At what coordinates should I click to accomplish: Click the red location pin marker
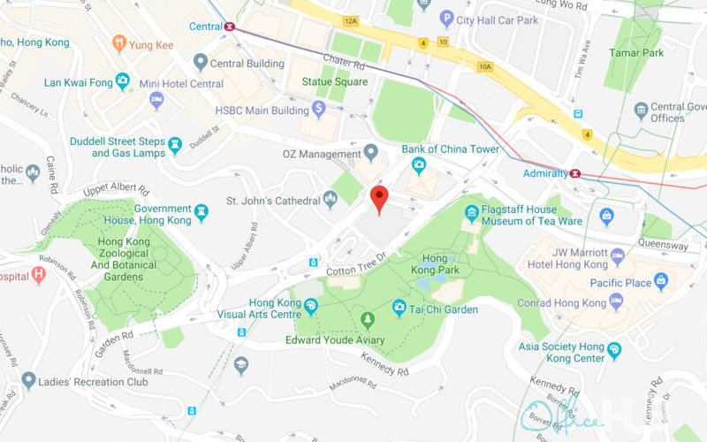coord(379,198)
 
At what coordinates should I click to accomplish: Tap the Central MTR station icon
coord(230,27)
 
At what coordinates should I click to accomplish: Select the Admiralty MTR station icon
coord(575,173)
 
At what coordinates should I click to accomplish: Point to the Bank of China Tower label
coord(450,149)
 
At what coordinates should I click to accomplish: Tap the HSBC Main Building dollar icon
coord(319,108)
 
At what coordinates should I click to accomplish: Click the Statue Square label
coord(334,83)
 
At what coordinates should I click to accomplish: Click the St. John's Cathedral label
coord(274,201)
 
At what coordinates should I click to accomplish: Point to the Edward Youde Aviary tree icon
coord(368,320)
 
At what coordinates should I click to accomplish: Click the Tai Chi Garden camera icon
coord(399,309)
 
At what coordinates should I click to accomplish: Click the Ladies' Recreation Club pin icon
coord(29,381)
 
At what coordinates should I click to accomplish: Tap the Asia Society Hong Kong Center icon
coord(613,351)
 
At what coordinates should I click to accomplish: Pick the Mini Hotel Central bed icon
coord(156,98)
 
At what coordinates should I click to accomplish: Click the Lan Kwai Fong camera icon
coord(123,83)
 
